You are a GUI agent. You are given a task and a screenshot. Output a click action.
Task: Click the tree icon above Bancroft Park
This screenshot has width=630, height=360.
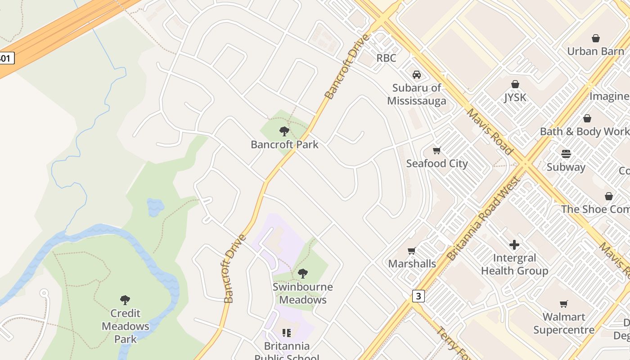click(x=284, y=131)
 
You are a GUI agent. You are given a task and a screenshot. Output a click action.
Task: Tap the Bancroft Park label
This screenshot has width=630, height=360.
click(x=284, y=144)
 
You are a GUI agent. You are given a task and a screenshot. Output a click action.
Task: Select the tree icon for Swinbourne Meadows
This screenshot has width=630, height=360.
click(x=303, y=273)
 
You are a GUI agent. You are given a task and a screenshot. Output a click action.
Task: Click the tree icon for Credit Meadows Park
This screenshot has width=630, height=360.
click(x=125, y=300)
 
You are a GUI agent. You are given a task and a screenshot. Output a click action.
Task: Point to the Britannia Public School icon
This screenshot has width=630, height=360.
click(x=287, y=333)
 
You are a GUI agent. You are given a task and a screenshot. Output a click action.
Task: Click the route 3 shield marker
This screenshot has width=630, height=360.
click(x=418, y=296)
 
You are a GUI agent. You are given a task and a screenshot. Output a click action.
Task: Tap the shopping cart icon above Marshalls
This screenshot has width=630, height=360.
click(x=411, y=251)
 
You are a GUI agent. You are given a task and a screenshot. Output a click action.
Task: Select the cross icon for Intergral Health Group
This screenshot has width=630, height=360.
click(x=514, y=245)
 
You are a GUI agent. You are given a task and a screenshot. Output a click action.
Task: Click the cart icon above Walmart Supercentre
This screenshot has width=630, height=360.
click(x=563, y=304)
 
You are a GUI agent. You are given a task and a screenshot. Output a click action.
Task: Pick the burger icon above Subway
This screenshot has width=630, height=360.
click(x=566, y=154)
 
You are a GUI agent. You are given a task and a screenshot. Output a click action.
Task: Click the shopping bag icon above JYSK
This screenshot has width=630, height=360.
click(x=515, y=84)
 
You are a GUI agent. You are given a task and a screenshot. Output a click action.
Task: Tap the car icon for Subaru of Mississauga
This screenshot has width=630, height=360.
click(x=417, y=75)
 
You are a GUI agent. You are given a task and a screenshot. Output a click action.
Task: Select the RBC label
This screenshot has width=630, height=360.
click(x=386, y=58)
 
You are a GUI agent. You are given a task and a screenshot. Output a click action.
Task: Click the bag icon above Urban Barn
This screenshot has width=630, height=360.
click(x=596, y=38)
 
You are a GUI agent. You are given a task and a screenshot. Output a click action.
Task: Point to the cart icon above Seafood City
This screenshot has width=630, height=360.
click(x=436, y=150)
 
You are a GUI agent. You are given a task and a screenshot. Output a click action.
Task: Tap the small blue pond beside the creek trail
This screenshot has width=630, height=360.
click(x=155, y=207)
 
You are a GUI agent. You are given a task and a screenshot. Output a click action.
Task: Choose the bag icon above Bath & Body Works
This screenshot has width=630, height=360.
click(x=587, y=118)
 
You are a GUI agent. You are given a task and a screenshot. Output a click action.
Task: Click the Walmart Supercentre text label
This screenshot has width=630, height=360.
click(x=564, y=324)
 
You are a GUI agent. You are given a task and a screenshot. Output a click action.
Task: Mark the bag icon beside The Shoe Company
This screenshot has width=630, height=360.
click(x=609, y=196)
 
